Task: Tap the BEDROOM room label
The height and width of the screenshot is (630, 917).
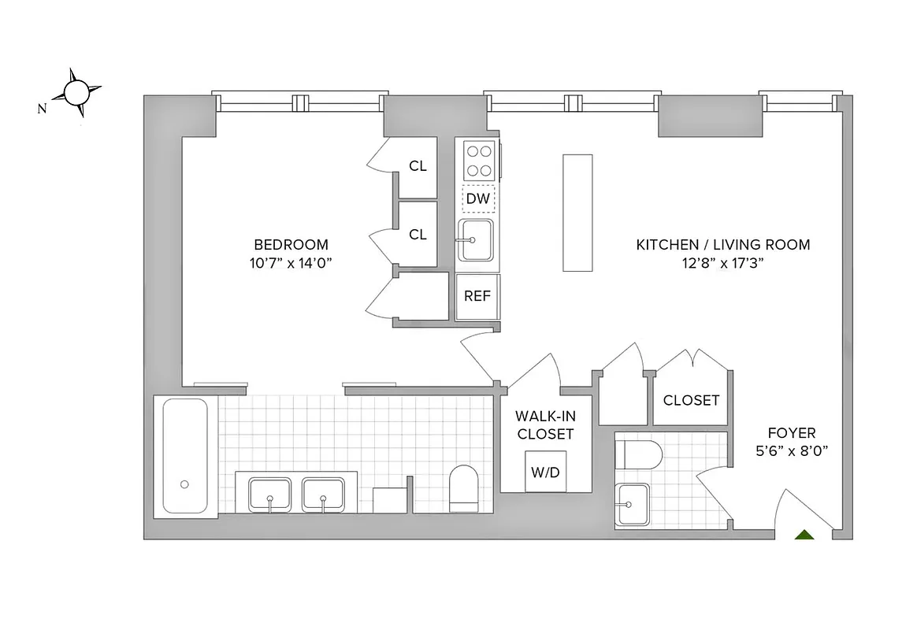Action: [x=291, y=245]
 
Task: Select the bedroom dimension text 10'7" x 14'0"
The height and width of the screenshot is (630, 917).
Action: [x=291, y=264]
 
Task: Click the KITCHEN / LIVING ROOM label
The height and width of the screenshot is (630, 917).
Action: [x=722, y=245]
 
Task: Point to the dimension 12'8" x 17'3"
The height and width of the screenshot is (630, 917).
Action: [x=722, y=264]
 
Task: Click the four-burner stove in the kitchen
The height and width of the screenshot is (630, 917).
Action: [x=477, y=161]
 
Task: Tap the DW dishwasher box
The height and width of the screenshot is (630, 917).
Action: [x=477, y=199]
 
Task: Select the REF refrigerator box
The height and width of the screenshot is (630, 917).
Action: [x=477, y=297]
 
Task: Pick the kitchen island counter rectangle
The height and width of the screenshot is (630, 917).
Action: [x=577, y=213]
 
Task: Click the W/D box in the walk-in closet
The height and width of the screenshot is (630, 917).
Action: [x=544, y=472]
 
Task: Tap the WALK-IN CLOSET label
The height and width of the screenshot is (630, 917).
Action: [x=544, y=424]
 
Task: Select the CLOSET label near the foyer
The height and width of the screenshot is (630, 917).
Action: [x=691, y=400]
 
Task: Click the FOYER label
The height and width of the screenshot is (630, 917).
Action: [x=792, y=433]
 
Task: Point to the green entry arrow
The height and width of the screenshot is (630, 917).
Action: [x=804, y=535]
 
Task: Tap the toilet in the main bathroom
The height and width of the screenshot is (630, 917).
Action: [x=463, y=487]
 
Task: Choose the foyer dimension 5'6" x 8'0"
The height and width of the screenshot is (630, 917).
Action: [x=792, y=452]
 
